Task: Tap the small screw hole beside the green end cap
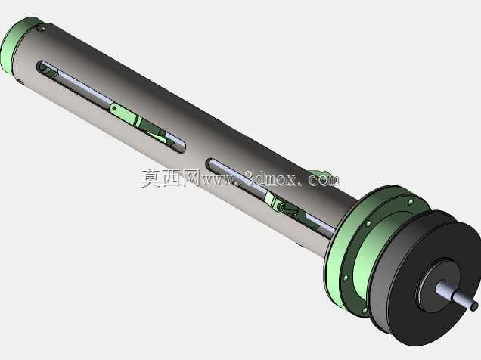(x=41, y=29)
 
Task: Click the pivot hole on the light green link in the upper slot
(x=114, y=108)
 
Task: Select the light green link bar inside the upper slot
(x=123, y=113)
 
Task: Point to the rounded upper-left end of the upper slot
(x=41, y=67)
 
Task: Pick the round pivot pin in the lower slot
(x=280, y=207)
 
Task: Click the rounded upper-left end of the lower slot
(x=211, y=164)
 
